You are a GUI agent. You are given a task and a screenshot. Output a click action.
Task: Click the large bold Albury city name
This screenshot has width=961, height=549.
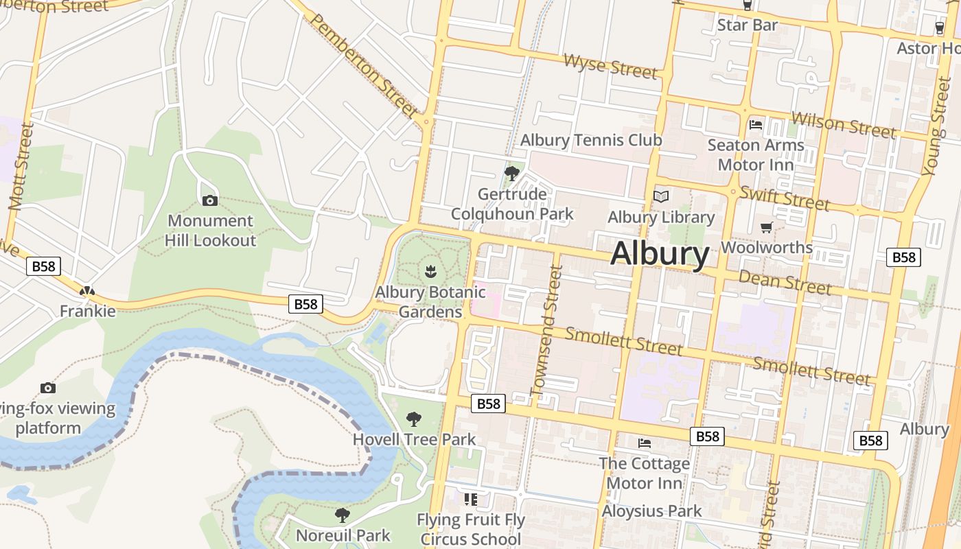(x=659, y=253)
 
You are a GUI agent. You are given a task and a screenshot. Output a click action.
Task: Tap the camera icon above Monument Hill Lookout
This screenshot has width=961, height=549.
(x=210, y=200)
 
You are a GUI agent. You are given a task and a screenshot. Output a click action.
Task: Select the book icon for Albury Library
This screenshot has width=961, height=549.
(x=661, y=197)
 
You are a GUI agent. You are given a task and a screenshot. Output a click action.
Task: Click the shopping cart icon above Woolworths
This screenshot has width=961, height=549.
(x=767, y=227)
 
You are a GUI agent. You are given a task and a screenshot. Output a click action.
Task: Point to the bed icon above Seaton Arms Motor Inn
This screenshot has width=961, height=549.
(x=756, y=125)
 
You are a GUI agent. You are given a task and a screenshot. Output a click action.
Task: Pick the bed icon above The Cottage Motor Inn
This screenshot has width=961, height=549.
(x=644, y=443)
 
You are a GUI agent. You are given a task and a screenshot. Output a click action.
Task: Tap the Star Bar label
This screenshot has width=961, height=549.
(x=747, y=25)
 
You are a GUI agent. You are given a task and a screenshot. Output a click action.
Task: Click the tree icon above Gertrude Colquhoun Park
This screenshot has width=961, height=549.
(x=511, y=173)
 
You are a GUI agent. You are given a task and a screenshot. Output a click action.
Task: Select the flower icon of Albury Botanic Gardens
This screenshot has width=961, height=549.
(x=430, y=271)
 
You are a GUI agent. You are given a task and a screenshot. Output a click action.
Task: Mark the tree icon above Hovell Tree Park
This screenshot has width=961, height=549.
(x=414, y=419)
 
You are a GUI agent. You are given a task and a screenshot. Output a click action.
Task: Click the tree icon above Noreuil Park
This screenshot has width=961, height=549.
(x=343, y=515)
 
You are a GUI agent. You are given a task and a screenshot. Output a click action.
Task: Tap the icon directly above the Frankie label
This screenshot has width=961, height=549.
(x=87, y=291)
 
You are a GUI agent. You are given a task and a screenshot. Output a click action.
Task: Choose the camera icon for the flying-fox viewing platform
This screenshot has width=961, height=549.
(x=47, y=388)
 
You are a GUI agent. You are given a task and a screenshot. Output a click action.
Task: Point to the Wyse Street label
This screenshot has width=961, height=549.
(x=610, y=66)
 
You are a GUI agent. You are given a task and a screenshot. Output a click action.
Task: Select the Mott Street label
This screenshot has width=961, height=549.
(x=21, y=166)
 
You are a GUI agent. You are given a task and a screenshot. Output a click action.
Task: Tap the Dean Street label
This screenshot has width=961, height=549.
(x=785, y=281)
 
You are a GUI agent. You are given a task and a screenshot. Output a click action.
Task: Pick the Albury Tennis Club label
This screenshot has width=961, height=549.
(x=591, y=140)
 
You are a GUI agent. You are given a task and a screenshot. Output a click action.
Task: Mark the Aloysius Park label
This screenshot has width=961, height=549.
(x=651, y=511)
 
